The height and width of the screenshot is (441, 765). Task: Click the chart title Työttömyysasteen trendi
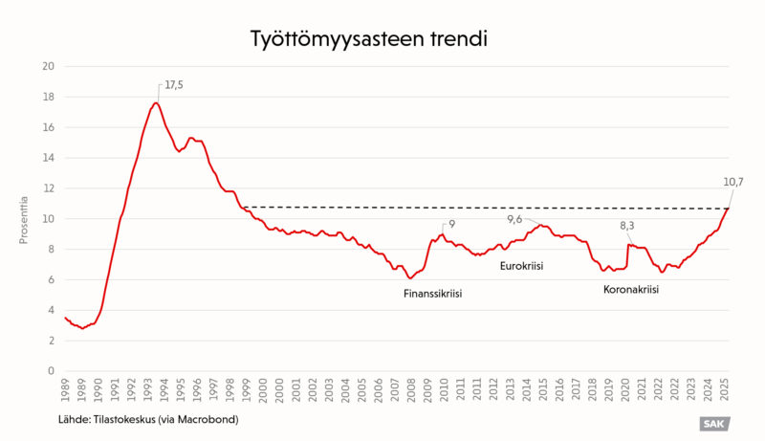(369, 39)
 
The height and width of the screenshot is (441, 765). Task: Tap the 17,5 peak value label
(173, 85)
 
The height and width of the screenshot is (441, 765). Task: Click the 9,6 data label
(514, 219)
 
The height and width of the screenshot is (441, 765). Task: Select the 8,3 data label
(627, 227)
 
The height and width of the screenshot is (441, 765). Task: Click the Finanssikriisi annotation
(432, 294)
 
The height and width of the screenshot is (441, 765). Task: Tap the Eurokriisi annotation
(521, 266)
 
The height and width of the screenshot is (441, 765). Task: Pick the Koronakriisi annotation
(630, 288)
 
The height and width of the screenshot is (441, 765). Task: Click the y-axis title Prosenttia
(24, 220)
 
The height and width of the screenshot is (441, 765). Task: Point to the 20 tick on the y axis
(48, 66)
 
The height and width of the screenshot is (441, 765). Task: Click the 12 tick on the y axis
(48, 188)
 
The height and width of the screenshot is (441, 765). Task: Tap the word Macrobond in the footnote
(208, 419)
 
